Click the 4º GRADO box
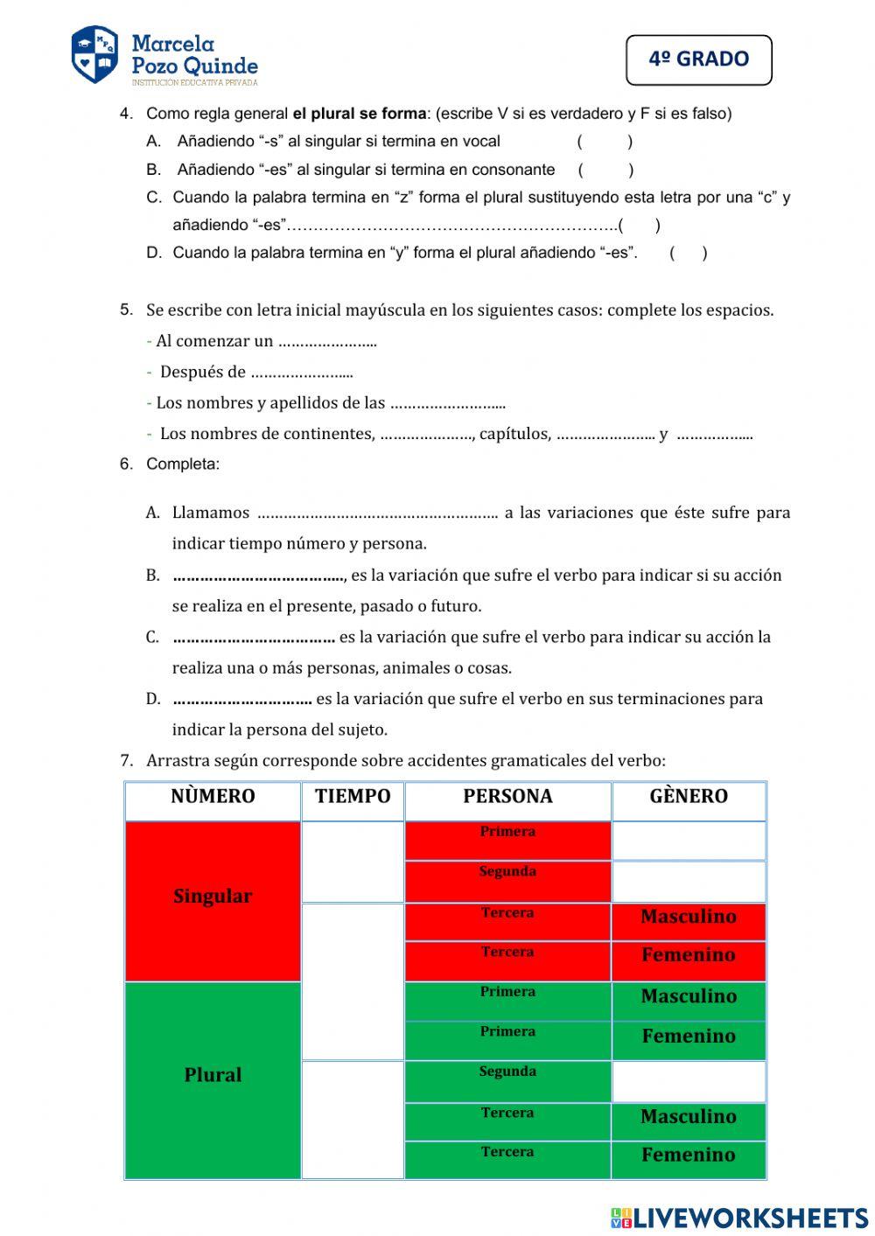[699, 59]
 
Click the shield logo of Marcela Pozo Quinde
[94, 54]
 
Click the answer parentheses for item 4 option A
[605, 142]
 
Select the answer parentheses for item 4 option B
[605, 170]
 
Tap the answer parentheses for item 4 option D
[689, 253]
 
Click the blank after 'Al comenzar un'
[327, 342]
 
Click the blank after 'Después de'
[302, 373]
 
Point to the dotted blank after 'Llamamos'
[377, 513]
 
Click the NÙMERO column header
[213, 796]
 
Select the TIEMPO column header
[353, 796]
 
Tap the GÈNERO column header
[689, 796]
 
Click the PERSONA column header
[507, 796]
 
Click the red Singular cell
[213, 897]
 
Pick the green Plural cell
[213, 1075]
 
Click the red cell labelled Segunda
[507, 880]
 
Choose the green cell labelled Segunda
[507, 1080]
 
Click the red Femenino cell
[689, 955]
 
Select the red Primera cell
[507, 840]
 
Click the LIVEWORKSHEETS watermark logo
[739, 1217]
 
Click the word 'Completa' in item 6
[182, 464]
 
